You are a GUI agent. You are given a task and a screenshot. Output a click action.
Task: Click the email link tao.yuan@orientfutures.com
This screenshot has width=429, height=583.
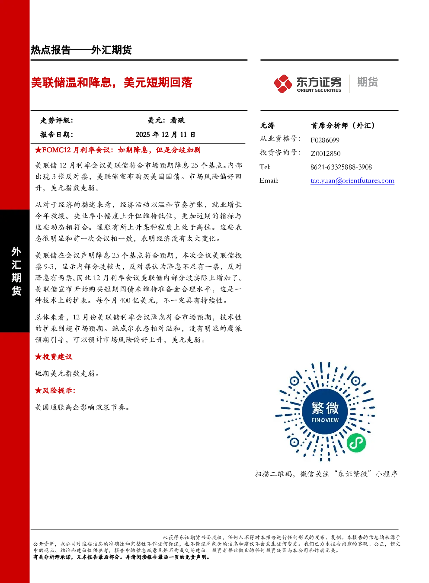coord(352,180)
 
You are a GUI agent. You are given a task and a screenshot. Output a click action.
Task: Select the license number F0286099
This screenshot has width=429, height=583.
coord(325,140)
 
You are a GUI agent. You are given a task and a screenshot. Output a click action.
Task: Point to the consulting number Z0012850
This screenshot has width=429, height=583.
coord(326,154)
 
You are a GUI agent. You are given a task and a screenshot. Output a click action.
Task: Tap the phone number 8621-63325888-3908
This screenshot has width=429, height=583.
coord(341,167)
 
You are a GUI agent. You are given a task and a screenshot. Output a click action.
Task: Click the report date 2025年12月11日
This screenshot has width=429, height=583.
coord(165,135)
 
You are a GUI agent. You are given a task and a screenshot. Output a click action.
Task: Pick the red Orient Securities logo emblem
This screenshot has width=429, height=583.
coord(283,84)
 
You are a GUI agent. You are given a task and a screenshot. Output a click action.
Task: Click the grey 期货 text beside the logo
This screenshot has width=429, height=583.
coord(367,82)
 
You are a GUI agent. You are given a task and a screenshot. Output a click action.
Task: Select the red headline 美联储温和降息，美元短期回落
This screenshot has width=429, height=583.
coord(112,83)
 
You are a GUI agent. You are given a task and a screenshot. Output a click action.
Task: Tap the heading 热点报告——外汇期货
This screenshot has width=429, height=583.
coord(81,50)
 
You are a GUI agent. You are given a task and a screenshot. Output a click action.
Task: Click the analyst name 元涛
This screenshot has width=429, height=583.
coord(267,126)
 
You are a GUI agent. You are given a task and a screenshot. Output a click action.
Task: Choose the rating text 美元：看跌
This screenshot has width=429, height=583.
coord(166,120)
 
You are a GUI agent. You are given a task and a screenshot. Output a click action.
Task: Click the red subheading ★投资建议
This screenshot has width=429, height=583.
coord(54,357)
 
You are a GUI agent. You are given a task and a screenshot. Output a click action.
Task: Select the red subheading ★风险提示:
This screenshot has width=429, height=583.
coord(55,390)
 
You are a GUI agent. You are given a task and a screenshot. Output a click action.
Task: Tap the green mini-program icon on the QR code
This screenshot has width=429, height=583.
coord(356,443)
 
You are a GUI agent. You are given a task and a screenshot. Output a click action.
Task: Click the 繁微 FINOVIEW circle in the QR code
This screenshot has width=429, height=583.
coord(325,412)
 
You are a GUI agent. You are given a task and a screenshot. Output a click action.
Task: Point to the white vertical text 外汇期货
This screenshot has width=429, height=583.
coord(16,271)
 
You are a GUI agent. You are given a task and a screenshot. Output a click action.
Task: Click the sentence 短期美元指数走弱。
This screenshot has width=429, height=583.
coord(67,374)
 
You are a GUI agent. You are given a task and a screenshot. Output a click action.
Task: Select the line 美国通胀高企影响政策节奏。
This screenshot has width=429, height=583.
coord(83,407)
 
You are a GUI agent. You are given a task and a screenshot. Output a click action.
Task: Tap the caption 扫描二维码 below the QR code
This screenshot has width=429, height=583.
coord(273,474)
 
